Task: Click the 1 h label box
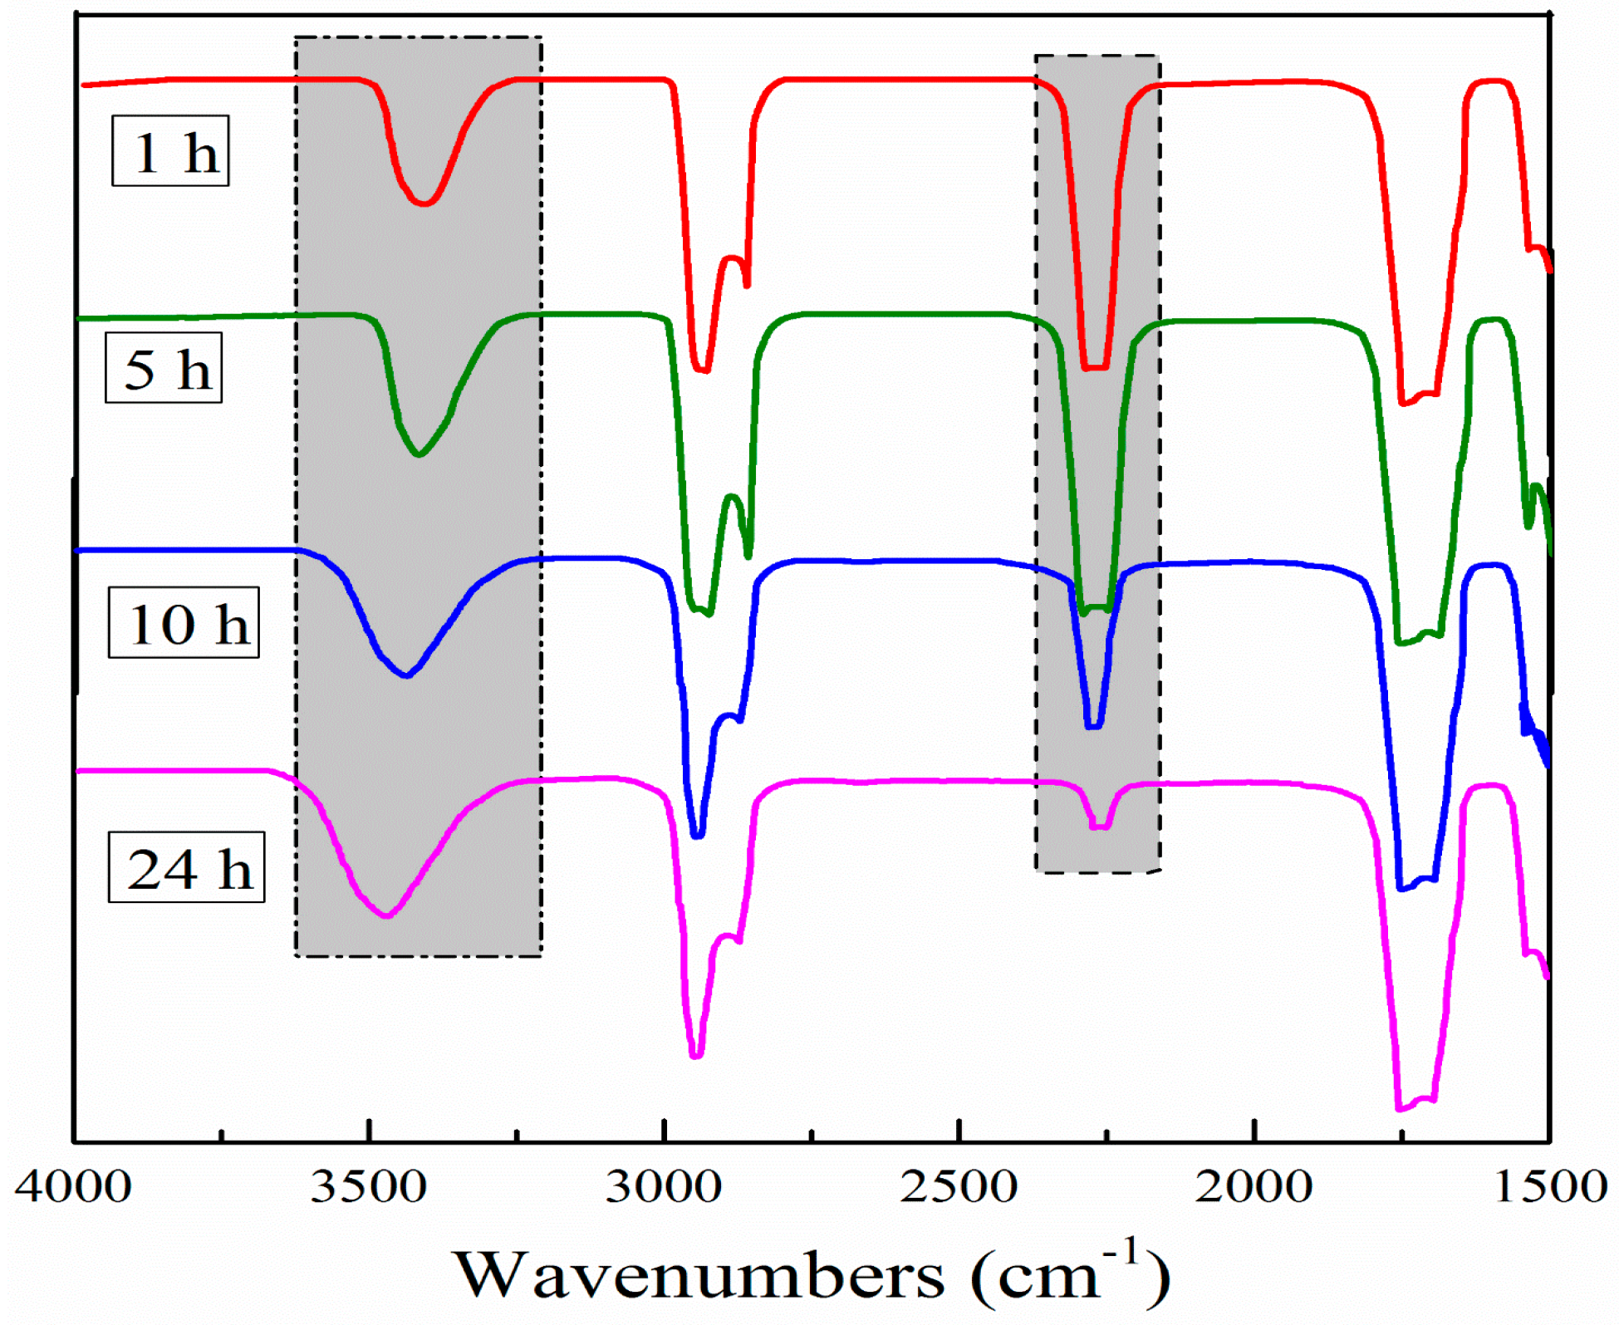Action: click(170, 151)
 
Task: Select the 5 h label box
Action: click(164, 368)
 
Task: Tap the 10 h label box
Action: click(184, 623)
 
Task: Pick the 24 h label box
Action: click(186, 867)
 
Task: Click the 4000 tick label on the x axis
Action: click(73, 1186)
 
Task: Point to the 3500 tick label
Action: click(368, 1186)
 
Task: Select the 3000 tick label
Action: click(663, 1186)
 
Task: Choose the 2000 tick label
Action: click(1253, 1186)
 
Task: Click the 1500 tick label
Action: click(1549, 1186)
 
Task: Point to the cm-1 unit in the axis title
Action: click(1072, 1271)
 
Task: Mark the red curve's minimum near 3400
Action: click(424, 203)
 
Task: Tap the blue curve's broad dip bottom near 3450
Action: click(406, 675)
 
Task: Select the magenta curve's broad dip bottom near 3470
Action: click(386, 915)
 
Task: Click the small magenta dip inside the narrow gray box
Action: click(1099, 827)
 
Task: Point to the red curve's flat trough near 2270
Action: click(1095, 366)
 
